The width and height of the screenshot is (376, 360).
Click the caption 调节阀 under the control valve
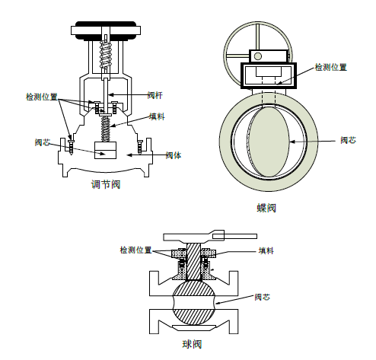coord(106,184)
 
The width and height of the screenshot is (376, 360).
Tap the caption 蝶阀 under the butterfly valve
coord(266,208)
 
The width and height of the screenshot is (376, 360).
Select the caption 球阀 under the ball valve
coord(192,344)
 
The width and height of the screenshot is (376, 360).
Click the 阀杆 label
coord(155,95)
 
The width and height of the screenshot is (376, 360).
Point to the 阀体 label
coord(174,155)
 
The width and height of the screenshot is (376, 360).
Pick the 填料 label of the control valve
coord(157,116)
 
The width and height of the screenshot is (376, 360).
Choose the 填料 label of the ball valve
coord(266,250)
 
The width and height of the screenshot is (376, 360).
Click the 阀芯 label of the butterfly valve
coord(348,140)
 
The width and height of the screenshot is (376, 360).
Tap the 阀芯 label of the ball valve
coord(262,297)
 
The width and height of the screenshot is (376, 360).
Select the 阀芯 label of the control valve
coord(43,142)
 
